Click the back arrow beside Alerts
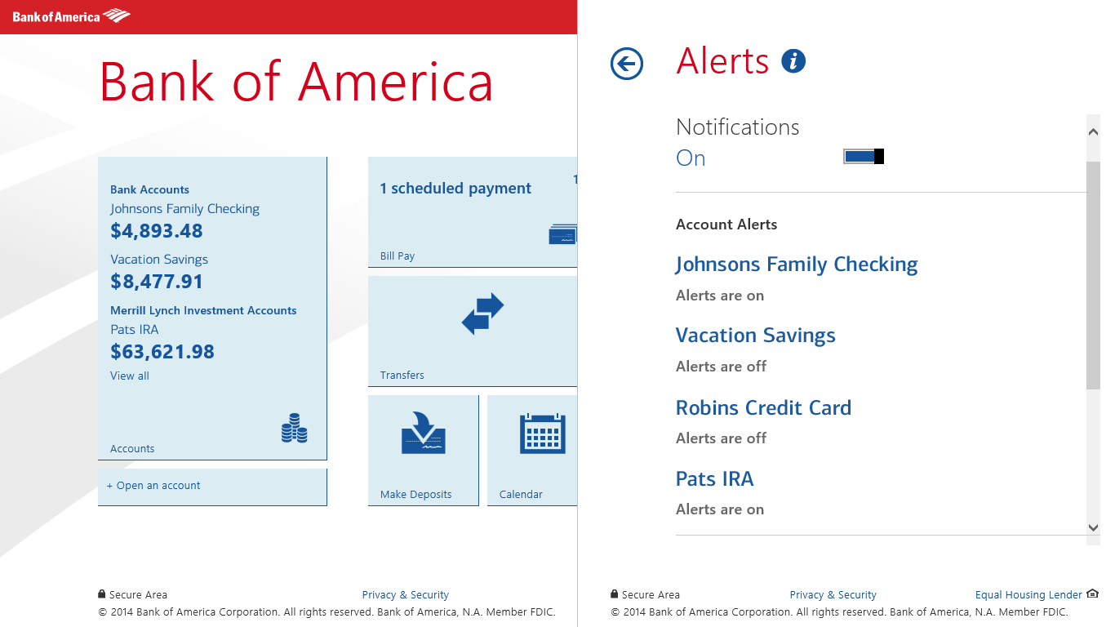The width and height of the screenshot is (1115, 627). pyautogui.click(x=627, y=64)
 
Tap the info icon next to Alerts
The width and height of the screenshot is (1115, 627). pyautogui.click(x=793, y=61)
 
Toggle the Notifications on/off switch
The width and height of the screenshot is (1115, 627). pyautogui.click(x=864, y=156)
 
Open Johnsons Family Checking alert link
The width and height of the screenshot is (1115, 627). pyautogui.click(x=797, y=265)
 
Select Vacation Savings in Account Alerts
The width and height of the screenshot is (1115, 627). pyautogui.click(x=756, y=336)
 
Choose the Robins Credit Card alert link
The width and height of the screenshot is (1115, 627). pyautogui.click(x=763, y=407)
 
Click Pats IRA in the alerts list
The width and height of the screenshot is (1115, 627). pyautogui.click(x=714, y=478)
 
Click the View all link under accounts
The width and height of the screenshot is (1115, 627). pyautogui.click(x=130, y=376)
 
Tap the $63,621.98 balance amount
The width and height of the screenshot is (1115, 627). pyautogui.click(x=162, y=352)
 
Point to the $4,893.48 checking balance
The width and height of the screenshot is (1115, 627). pyautogui.click(x=157, y=231)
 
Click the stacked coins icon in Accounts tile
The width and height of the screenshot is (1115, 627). pyautogui.click(x=295, y=429)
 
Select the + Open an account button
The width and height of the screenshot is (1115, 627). pyautogui.click(x=153, y=486)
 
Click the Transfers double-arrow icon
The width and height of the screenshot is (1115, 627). pyautogui.click(x=482, y=314)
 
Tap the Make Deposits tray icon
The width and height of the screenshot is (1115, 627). pyautogui.click(x=423, y=434)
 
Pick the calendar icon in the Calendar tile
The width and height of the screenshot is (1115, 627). pyautogui.click(x=543, y=434)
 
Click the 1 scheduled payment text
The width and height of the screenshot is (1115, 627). pyautogui.click(x=455, y=189)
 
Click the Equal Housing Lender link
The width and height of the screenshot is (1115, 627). pyautogui.click(x=1028, y=595)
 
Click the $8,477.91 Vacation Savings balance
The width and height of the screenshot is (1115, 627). pyautogui.click(x=157, y=282)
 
